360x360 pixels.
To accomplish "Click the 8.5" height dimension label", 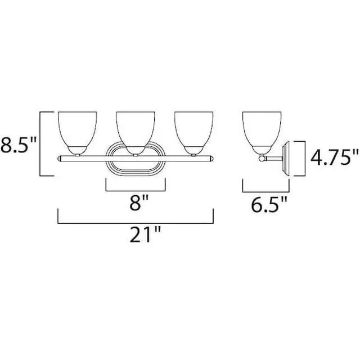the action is point(19,145).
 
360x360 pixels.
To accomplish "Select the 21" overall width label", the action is point(146,235).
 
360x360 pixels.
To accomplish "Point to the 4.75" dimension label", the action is point(335,157).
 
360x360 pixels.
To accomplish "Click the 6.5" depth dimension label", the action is point(269,204).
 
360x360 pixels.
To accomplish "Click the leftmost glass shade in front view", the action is point(78,133).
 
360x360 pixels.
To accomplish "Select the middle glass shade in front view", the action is point(136,133).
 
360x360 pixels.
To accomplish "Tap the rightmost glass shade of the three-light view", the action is point(193,133).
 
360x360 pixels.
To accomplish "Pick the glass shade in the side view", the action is point(262,133).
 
